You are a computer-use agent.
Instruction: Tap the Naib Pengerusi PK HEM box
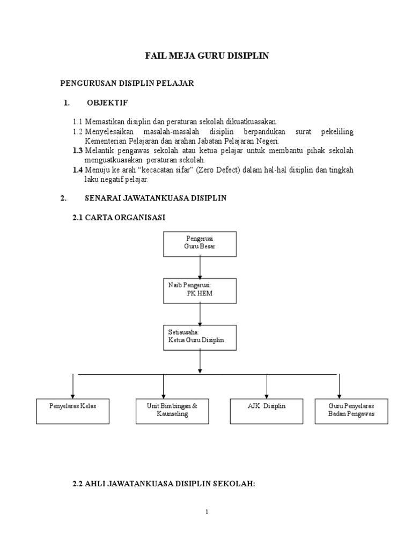[x=200, y=291]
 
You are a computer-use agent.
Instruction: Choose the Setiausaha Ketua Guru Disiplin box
[x=200, y=337]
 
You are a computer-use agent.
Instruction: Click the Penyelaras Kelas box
[x=72, y=410]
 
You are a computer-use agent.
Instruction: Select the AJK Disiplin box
[x=267, y=410]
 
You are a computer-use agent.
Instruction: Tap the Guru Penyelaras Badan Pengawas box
[x=351, y=410]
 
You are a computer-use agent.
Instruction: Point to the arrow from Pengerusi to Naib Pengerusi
[x=200, y=266]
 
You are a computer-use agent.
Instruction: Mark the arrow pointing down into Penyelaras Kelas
[x=72, y=385]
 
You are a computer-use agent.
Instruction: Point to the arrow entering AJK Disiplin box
[x=267, y=385]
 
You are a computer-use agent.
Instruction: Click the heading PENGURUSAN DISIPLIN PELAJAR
[x=127, y=83]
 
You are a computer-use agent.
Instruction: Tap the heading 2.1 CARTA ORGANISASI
[x=119, y=217]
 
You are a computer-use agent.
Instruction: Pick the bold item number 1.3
[x=78, y=151]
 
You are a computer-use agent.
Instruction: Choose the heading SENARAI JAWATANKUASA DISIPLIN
[x=156, y=198]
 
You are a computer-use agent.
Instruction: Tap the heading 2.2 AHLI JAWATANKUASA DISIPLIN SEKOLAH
[x=163, y=484]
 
